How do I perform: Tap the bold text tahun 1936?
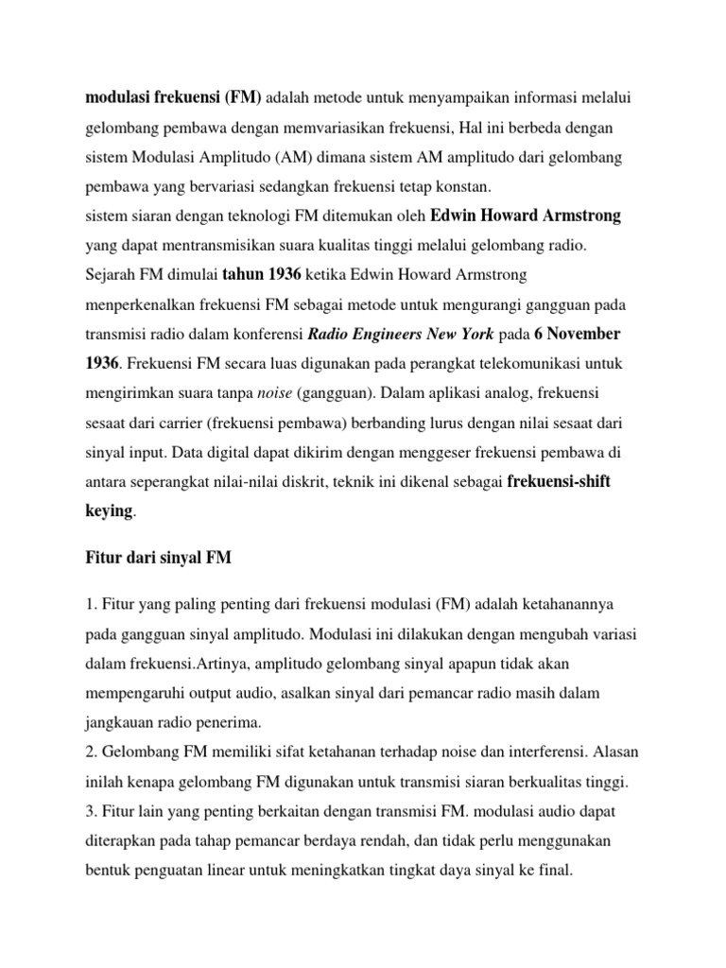(260, 275)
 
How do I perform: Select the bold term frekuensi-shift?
(559, 481)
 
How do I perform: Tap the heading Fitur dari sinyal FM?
(159, 560)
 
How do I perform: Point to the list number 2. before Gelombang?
(92, 753)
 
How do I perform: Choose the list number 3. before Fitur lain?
(92, 813)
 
